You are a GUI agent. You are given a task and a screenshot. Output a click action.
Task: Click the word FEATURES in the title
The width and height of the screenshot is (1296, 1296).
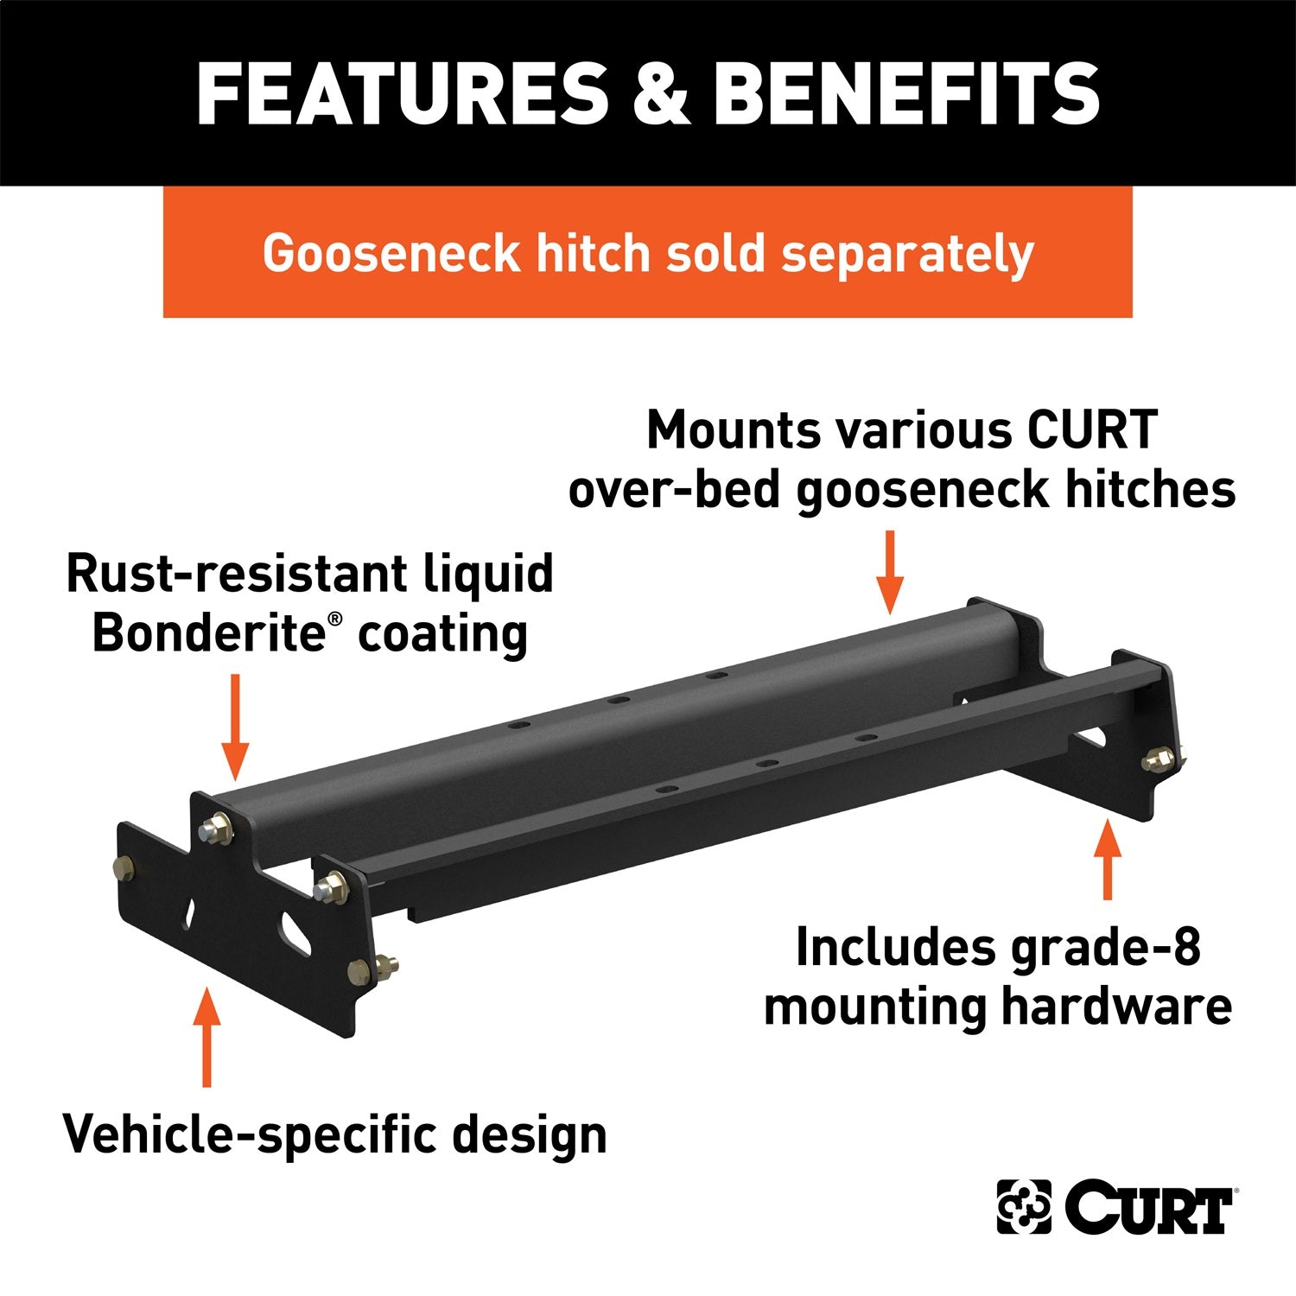point(403,94)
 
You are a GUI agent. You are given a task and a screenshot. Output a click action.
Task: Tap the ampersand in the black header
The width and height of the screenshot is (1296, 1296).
point(660,94)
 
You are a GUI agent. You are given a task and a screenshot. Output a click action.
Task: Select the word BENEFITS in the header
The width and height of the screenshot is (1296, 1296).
point(906,94)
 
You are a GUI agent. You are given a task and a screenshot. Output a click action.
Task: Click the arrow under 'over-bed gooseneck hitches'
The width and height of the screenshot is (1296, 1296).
point(889,571)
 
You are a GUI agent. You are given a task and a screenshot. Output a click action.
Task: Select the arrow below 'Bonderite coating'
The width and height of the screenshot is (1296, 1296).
point(234,727)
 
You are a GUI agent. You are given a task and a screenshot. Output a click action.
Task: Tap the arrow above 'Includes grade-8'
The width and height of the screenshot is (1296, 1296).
point(1107,861)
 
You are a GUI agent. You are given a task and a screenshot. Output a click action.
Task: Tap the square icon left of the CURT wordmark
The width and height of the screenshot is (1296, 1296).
point(1025,1206)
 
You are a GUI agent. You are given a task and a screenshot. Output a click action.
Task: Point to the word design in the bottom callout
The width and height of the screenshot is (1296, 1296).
point(530,1134)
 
